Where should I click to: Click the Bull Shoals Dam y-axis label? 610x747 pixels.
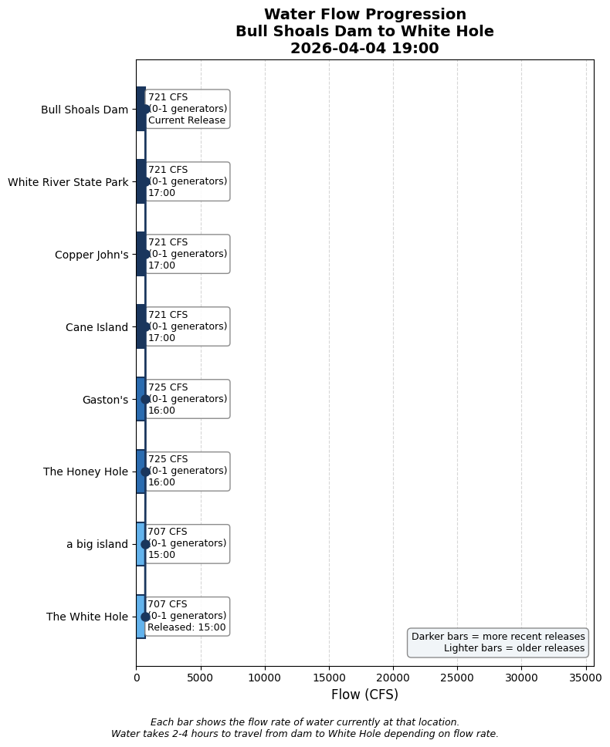[84, 110]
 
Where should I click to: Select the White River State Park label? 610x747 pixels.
[68, 182]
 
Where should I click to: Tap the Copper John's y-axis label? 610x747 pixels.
[91, 255]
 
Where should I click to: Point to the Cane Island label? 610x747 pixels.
[97, 327]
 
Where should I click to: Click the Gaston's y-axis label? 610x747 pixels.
[105, 400]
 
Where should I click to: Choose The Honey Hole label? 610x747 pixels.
[86, 472]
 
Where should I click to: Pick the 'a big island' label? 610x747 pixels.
[97, 544]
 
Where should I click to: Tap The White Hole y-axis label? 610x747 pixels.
[87, 617]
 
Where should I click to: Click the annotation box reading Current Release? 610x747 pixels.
[187, 109]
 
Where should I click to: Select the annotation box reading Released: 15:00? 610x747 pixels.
[187, 616]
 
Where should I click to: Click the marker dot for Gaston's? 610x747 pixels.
[145, 399]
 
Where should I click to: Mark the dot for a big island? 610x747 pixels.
[145, 544]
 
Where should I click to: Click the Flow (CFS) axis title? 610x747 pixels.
[364, 695]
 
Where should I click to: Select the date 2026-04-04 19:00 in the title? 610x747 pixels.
[364, 49]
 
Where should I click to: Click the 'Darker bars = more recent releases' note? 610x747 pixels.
[498, 637]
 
